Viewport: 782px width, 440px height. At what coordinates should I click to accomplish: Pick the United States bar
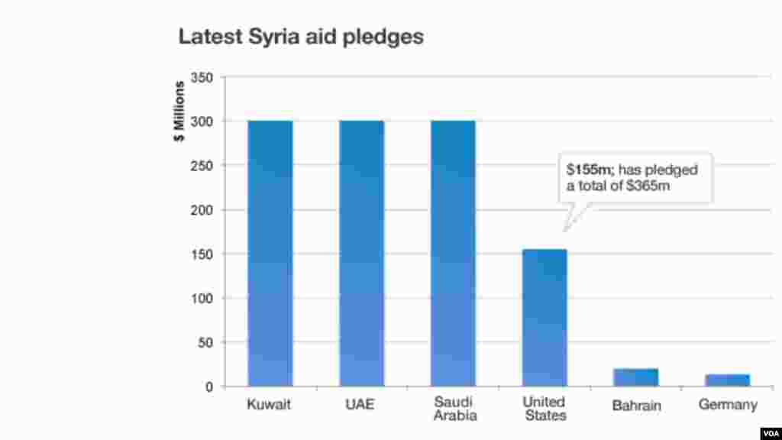(x=544, y=318)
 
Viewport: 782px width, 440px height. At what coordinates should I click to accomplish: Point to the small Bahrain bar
(x=635, y=377)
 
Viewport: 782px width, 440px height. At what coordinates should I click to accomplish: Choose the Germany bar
(x=728, y=380)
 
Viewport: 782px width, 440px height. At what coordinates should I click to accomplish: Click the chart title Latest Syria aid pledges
(x=301, y=37)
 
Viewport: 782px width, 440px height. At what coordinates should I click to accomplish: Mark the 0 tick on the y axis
(x=208, y=387)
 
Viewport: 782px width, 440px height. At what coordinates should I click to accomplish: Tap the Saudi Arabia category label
(x=454, y=409)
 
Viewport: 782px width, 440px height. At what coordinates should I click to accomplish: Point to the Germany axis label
(x=728, y=405)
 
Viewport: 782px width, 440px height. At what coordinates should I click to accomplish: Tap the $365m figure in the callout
(x=648, y=185)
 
